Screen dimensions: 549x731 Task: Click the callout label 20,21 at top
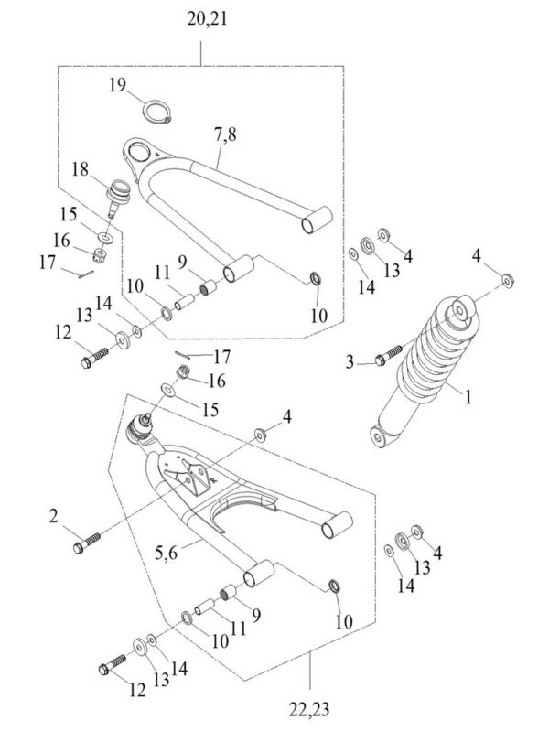pyautogui.click(x=207, y=19)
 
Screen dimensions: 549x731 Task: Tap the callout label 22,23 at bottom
pyautogui.click(x=308, y=710)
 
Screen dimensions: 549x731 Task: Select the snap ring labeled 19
pyautogui.click(x=157, y=113)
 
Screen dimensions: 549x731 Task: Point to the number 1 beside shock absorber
pyautogui.click(x=468, y=398)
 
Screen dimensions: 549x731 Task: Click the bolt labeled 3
pyautogui.click(x=389, y=355)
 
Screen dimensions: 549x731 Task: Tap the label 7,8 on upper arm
pyautogui.click(x=225, y=134)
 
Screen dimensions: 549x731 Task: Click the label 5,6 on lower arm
pyautogui.click(x=167, y=554)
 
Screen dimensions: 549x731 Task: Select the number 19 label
pyautogui.click(x=118, y=85)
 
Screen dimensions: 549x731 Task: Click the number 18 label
pyautogui.click(x=80, y=169)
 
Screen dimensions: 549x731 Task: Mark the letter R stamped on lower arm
pyautogui.click(x=213, y=478)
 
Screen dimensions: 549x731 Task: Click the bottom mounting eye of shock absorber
pyautogui.click(x=380, y=436)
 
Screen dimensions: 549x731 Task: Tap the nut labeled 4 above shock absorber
pyautogui.click(x=508, y=281)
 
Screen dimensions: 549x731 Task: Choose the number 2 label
pyautogui.click(x=54, y=517)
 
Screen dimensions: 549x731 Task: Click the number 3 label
pyautogui.click(x=350, y=362)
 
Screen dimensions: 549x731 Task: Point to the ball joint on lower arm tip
pyautogui.click(x=140, y=429)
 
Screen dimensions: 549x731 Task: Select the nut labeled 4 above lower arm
pyautogui.click(x=260, y=435)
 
